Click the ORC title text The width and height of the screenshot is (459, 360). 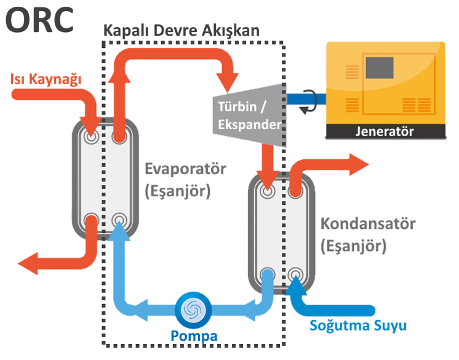(39, 20)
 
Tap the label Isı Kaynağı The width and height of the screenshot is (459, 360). (46, 79)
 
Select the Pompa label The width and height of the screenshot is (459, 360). (194, 336)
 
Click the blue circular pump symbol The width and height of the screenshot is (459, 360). (193, 310)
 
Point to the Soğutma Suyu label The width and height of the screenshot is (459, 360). (358, 326)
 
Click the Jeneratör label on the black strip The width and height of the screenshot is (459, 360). (385, 132)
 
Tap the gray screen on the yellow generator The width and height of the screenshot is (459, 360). (380, 68)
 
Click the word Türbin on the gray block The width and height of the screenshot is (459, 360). (237, 106)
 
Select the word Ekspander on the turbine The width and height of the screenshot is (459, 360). (249, 125)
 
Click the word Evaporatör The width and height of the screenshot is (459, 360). (186, 169)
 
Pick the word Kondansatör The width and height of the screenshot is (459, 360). (368, 223)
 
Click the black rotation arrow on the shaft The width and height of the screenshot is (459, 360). (309, 102)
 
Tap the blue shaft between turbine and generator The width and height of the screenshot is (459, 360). (306, 99)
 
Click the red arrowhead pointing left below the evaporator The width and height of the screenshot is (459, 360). (28, 263)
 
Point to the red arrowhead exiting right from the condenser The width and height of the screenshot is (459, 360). (359, 164)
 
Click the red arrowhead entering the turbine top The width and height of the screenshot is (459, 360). (228, 81)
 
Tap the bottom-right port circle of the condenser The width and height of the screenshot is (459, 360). (295, 275)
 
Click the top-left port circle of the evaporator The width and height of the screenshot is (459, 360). (91, 137)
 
